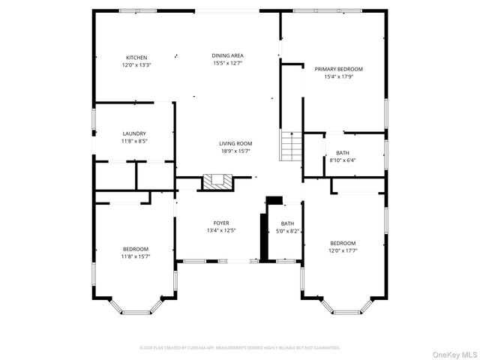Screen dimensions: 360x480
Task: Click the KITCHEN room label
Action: [x=136, y=58]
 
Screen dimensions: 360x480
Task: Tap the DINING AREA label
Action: [x=227, y=55]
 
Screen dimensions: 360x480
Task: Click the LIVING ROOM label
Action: [x=235, y=143]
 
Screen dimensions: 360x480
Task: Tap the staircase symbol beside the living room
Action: [x=290, y=145]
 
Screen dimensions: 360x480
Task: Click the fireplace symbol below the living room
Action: [x=219, y=181]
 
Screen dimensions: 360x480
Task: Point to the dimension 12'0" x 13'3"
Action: [x=136, y=65]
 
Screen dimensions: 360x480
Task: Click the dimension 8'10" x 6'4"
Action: [x=343, y=160]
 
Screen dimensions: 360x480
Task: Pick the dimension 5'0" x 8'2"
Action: [x=287, y=231]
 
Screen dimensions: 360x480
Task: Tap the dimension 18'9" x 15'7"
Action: [x=235, y=151]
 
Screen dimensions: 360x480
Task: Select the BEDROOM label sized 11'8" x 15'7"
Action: [x=136, y=249]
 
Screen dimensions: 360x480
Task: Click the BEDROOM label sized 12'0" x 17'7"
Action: [x=343, y=243]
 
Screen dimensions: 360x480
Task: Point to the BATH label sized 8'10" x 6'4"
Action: [x=343, y=153]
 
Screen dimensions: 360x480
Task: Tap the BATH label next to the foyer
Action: [x=287, y=223]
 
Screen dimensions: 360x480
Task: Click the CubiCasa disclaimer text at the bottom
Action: [x=240, y=348]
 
